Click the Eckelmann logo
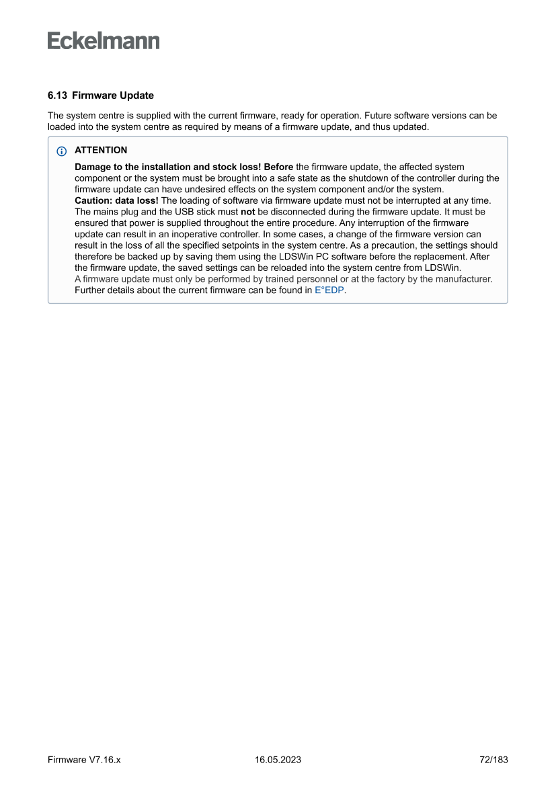tap(104, 40)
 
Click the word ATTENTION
tap(101, 151)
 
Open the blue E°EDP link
tap(329, 290)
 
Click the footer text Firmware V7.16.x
tap(83, 760)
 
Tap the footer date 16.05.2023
tap(278, 760)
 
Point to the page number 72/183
tap(490, 760)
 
